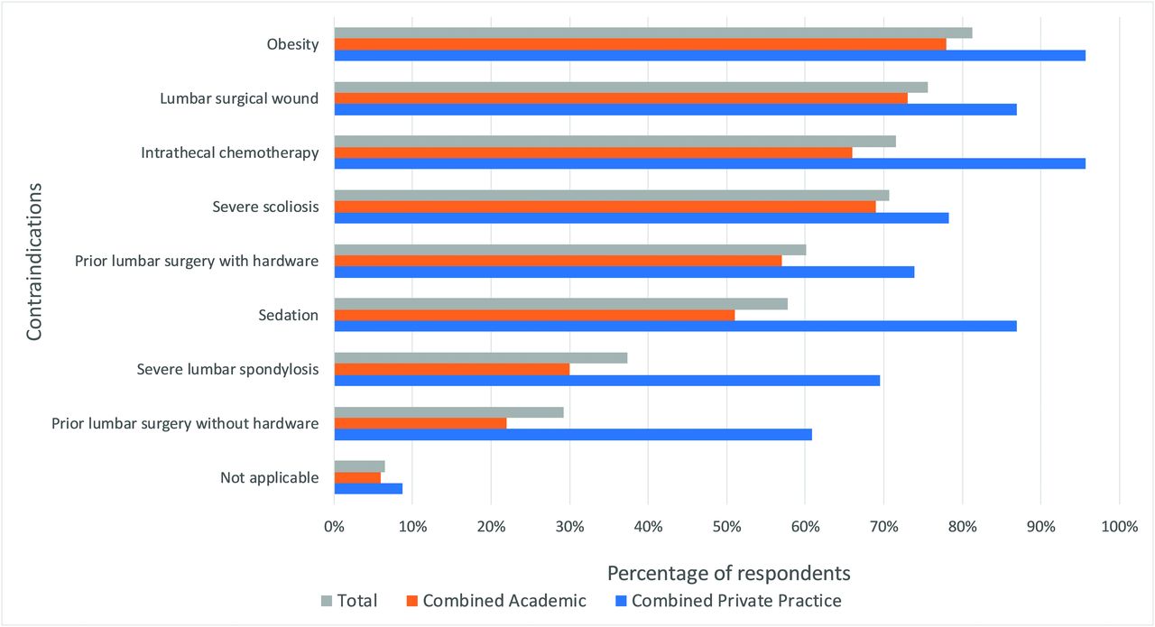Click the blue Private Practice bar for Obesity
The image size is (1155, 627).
click(x=709, y=55)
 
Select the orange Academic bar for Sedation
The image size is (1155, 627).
click(x=534, y=315)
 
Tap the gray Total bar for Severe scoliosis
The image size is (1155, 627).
click(x=611, y=195)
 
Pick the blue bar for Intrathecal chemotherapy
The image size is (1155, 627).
click(x=709, y=163)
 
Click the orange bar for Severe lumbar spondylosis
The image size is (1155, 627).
click(x=451, y=369)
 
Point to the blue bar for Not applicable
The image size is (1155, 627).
click(x=368, y=488)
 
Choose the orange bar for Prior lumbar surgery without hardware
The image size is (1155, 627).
click(x=420, y=423)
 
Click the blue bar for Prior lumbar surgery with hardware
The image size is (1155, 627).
click(x=624, y=272)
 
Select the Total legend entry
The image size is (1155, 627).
click(x=349, y=601)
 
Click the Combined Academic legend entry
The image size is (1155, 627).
click(x=495, y=601)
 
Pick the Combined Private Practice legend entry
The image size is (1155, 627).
click(x=727, y=601)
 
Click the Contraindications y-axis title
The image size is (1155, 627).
click(x=34, y=262)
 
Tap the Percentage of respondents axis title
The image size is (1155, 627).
click(x=728, y=573)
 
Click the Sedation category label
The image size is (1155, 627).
click(x=288, y=315)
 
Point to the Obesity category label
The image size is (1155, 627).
click(x=292, y=44)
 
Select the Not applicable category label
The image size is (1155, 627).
click(x=269, y=477)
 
